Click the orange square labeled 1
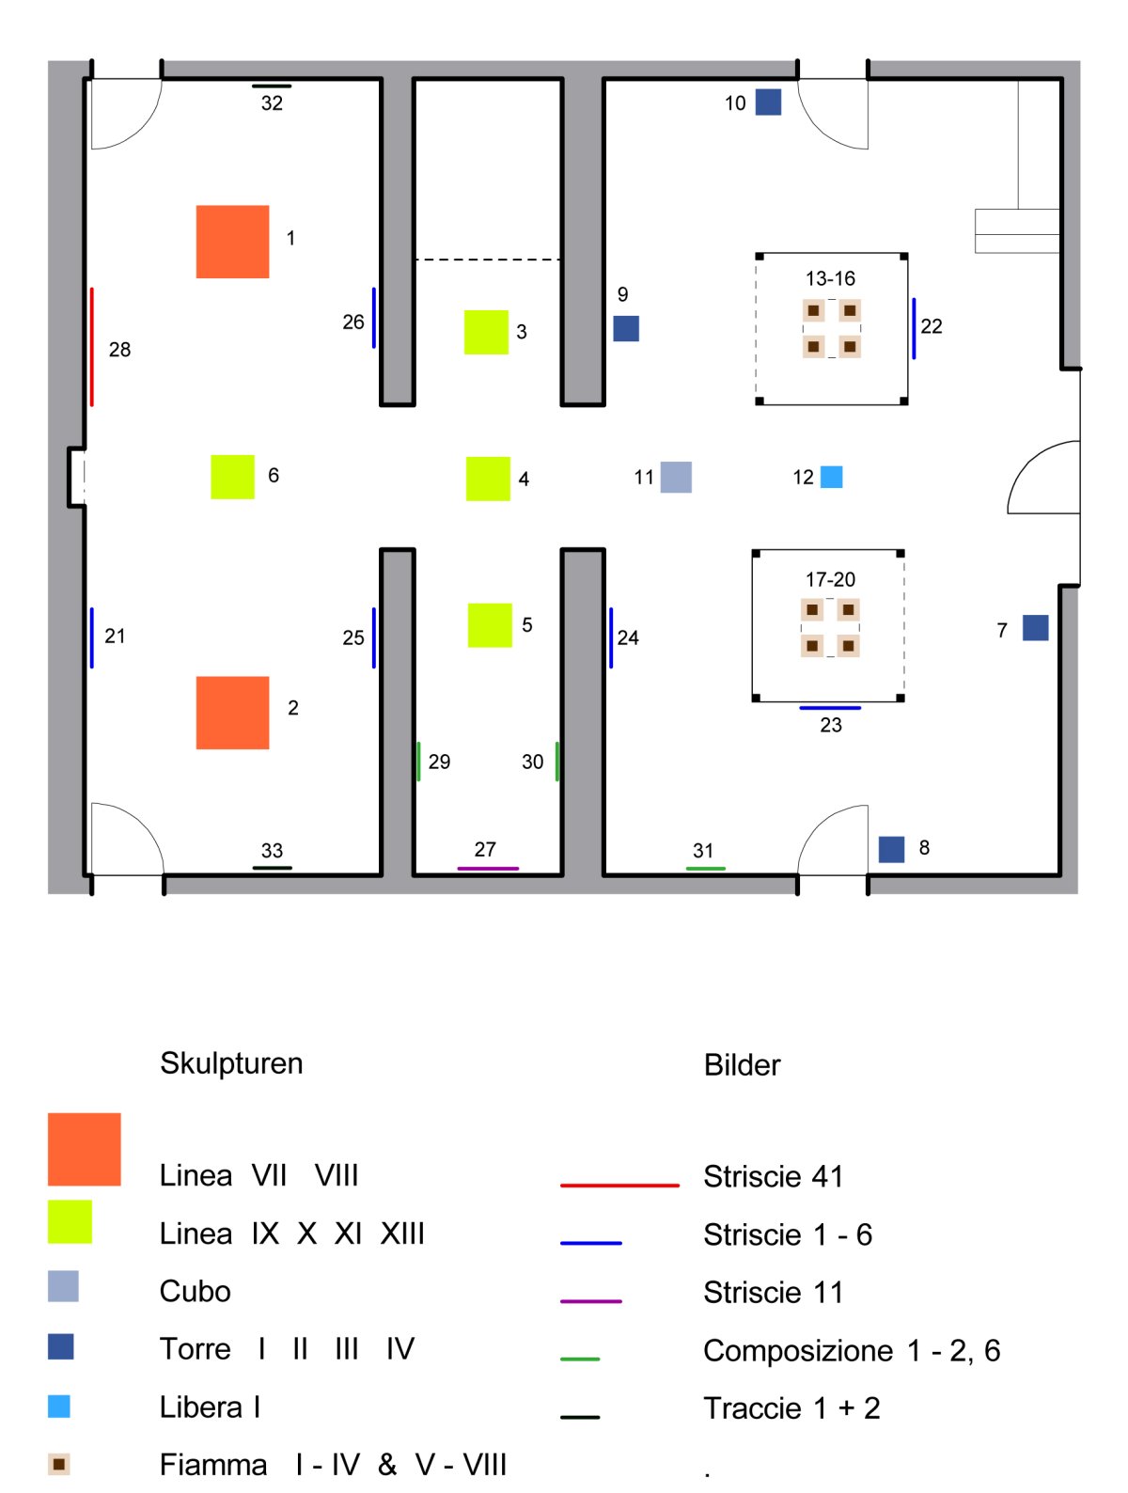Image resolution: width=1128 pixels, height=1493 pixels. tap(232, 242)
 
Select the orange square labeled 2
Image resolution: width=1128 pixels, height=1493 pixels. tap(232, 713)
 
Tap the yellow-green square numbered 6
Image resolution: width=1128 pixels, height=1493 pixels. tap(232, 477)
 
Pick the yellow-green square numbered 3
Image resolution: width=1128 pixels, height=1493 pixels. tap(486, 332)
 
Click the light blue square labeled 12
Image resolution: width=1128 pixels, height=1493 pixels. tap(832, 477)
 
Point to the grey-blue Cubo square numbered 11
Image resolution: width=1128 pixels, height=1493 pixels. tap(676, 477)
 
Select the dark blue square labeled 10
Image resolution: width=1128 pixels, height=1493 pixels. tap(768, 102)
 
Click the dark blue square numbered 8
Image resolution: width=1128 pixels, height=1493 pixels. tap(891, 849)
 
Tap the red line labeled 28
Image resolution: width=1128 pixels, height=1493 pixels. tap(92, 347)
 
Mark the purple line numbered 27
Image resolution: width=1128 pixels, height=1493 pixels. tap(488, 868)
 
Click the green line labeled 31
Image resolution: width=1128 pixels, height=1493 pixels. tap(705, 868)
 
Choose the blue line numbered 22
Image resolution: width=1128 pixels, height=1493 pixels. tap(914, 328)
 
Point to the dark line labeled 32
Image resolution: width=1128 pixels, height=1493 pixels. tap(272, 86)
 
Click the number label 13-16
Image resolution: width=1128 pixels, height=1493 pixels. tap(830, 278)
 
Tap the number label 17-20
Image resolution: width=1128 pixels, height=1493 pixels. tap(830, 579)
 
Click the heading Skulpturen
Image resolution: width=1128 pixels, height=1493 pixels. tap(231, 1063)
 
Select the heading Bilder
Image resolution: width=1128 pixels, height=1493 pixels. tap(742, 1065)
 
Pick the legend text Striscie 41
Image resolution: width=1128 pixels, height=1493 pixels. tap(773, 1176)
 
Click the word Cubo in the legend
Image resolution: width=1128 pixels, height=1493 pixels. tap(195, 1291)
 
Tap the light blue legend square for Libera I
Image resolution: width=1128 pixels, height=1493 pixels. tap(59, 1407)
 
